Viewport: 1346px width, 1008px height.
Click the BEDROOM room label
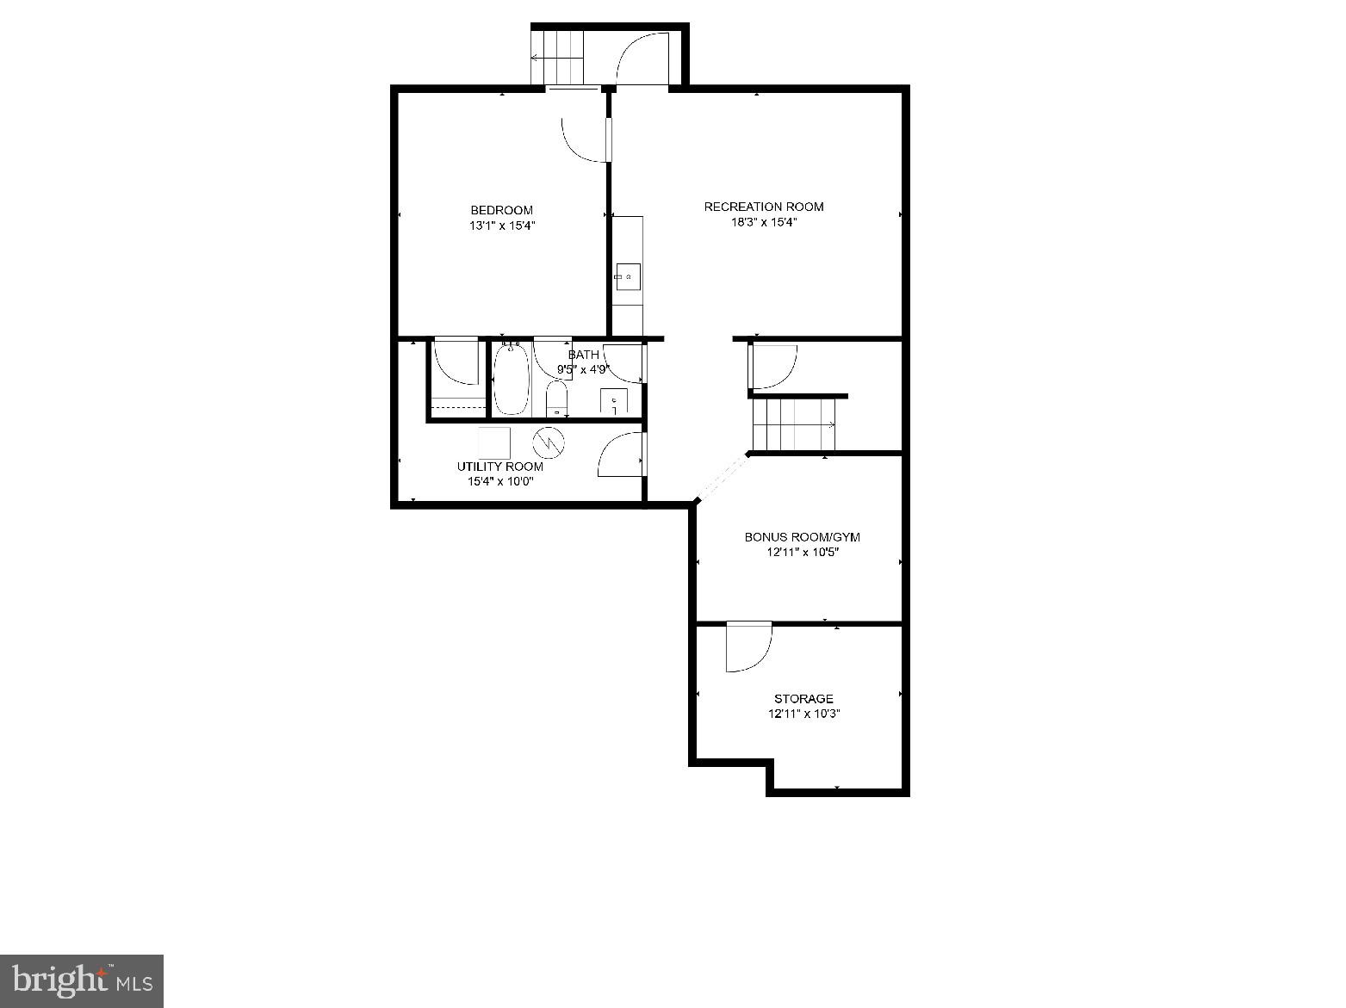501,210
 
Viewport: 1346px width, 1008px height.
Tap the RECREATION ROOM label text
763,207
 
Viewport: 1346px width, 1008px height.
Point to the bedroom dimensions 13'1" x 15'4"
501,226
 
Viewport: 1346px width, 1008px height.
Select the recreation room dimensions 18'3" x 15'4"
763,222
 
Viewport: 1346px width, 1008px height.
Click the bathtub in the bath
511,381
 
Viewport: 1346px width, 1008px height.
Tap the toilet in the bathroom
557,399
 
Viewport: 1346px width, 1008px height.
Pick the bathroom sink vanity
614,401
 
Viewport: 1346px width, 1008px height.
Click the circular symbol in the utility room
547,442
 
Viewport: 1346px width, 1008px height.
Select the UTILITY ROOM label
499,467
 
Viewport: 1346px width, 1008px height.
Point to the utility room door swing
620,455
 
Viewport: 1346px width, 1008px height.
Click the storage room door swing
747,646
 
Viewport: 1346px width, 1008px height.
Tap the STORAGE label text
803,698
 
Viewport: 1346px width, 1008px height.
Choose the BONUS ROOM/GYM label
802,537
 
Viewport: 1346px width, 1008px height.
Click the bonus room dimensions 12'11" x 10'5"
802,553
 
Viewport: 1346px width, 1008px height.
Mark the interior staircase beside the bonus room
793,424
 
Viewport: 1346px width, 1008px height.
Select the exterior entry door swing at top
642,59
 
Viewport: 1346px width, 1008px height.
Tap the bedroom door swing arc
583,139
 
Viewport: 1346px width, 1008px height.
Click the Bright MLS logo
82,980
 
